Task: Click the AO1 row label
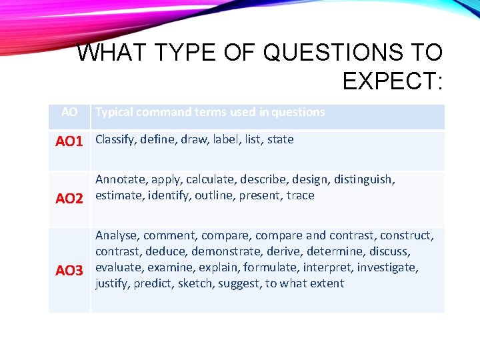(69, 141)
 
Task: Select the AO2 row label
(69, 198)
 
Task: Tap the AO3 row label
(69, 270)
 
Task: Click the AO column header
(69, 112)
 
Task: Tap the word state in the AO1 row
(280, 140)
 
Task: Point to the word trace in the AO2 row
(300, 195)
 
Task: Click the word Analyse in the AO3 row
(117, 235)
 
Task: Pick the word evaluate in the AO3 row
(117, 267)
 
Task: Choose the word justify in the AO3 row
(112, 283)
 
